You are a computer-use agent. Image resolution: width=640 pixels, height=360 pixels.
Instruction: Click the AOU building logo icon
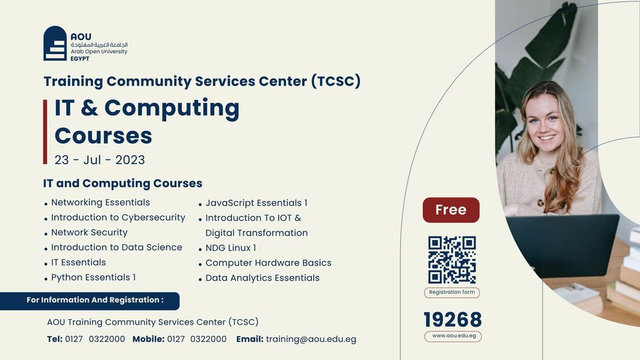click(x=55, y=43)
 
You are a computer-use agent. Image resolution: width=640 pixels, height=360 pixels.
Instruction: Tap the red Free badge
click(x=451, y=210)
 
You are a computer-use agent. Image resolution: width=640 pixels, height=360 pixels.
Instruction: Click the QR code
click(x=452, y=259)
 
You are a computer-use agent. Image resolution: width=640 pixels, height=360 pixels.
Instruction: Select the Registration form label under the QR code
click(x=452, y=292)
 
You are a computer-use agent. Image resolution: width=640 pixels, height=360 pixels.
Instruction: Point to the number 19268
click(x=453, y=319)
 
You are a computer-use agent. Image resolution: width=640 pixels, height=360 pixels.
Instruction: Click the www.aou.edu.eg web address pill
click(x=453, y=336)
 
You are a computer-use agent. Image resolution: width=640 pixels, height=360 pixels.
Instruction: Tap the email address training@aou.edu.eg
click(x=311, y=339)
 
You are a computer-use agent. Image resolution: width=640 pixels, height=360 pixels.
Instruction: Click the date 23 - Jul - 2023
click(x=99, y=159)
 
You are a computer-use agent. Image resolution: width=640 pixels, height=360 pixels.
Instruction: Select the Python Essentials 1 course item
click(x=93, y=277)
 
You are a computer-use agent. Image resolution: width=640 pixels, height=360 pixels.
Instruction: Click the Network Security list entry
click(x=89, y=232)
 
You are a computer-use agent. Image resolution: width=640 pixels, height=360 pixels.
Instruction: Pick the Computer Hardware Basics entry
click(x=268, y=263)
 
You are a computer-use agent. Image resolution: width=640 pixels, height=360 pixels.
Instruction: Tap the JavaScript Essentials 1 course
click(x=256, y=203)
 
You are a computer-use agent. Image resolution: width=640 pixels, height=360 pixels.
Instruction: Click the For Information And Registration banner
click(x=90, y=301)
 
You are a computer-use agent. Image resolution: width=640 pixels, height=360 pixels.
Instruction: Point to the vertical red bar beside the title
click(x=45, y=132)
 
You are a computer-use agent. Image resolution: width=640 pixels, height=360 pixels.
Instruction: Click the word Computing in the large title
click(x=172, y=109)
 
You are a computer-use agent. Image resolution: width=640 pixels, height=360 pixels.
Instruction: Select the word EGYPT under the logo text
click(x=80, y=59)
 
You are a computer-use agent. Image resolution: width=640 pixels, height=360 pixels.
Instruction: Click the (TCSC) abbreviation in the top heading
click(x=335, y=81)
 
